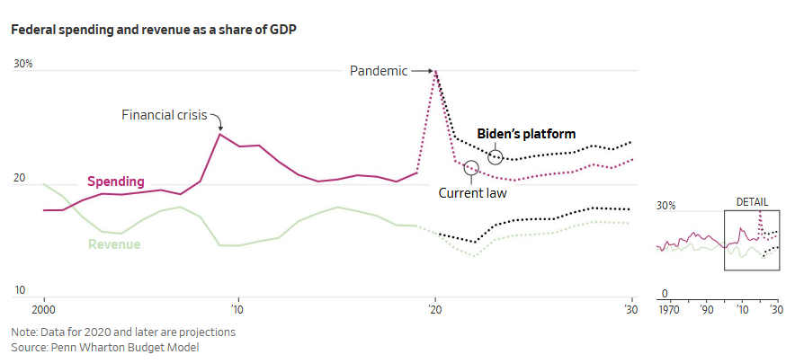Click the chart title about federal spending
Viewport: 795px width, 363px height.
coord(154,30)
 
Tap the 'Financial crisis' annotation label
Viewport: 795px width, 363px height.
coord(165,115)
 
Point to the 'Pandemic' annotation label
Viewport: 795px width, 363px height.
coord(379,70)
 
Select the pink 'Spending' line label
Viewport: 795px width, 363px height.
coord(115,181)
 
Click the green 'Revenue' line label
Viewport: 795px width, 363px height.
coord(114,243)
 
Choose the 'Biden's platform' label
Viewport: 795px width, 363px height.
coord(526,134)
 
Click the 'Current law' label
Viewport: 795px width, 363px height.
coord(472,192)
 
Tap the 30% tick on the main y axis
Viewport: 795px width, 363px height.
coord(23,64)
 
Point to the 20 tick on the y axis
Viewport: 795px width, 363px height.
coord(19,179)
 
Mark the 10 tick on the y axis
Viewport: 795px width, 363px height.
coord(19,290)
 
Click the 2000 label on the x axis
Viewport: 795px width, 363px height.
coord(44,307)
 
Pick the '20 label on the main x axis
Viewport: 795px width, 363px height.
coord(435,307)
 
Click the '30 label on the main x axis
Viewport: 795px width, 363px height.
coord(631,307)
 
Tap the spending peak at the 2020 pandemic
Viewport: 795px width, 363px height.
coord(435,71)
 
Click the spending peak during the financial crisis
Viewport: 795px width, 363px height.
coord(219,134)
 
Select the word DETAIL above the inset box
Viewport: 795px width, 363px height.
coord(752,202)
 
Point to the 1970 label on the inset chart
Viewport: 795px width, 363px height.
coord(669,308)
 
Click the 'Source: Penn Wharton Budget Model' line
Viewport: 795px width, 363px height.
coord(104,347)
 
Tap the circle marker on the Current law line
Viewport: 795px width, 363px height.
coord(471,168)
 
